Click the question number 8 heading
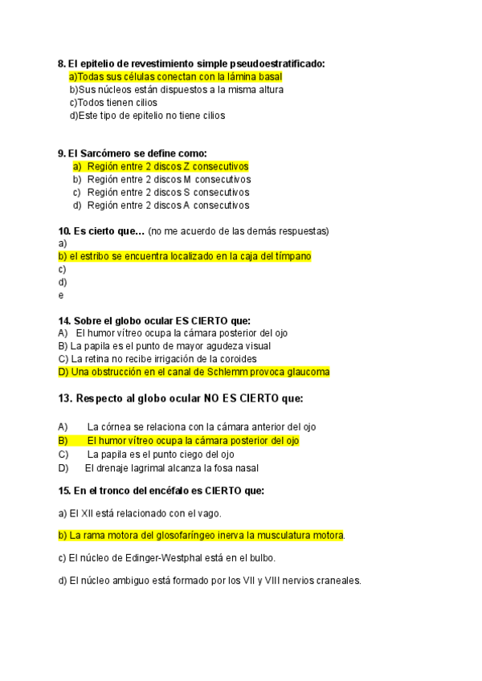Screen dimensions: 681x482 62,63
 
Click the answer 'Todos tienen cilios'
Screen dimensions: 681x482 113,102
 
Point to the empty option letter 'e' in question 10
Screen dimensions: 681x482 61,295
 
